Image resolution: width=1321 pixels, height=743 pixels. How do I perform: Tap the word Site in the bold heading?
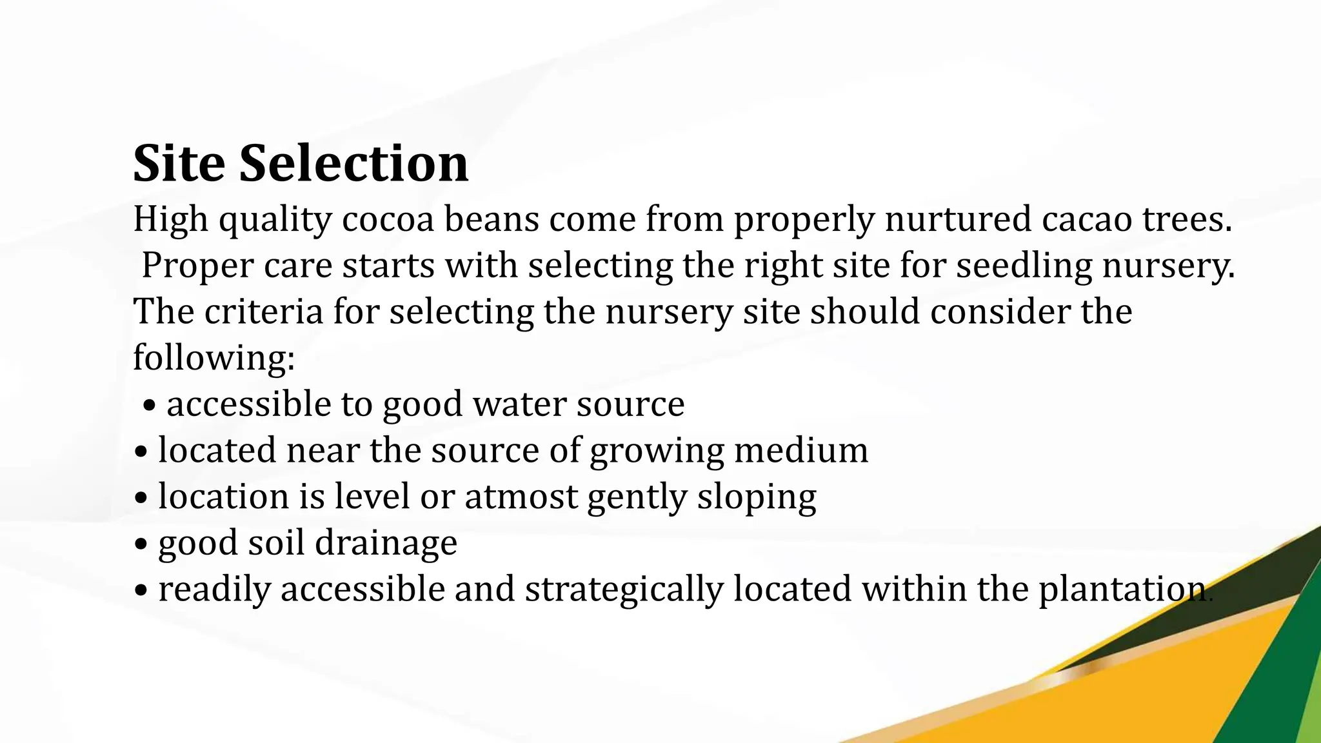coord(179,163)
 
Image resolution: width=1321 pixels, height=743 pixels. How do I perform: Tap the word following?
coord(214,358)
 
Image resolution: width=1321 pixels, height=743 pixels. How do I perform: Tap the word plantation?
coord(1122,589)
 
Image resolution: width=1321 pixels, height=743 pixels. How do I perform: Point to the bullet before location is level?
coord(141,499)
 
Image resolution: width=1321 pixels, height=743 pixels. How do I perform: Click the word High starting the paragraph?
coord(170,219)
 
